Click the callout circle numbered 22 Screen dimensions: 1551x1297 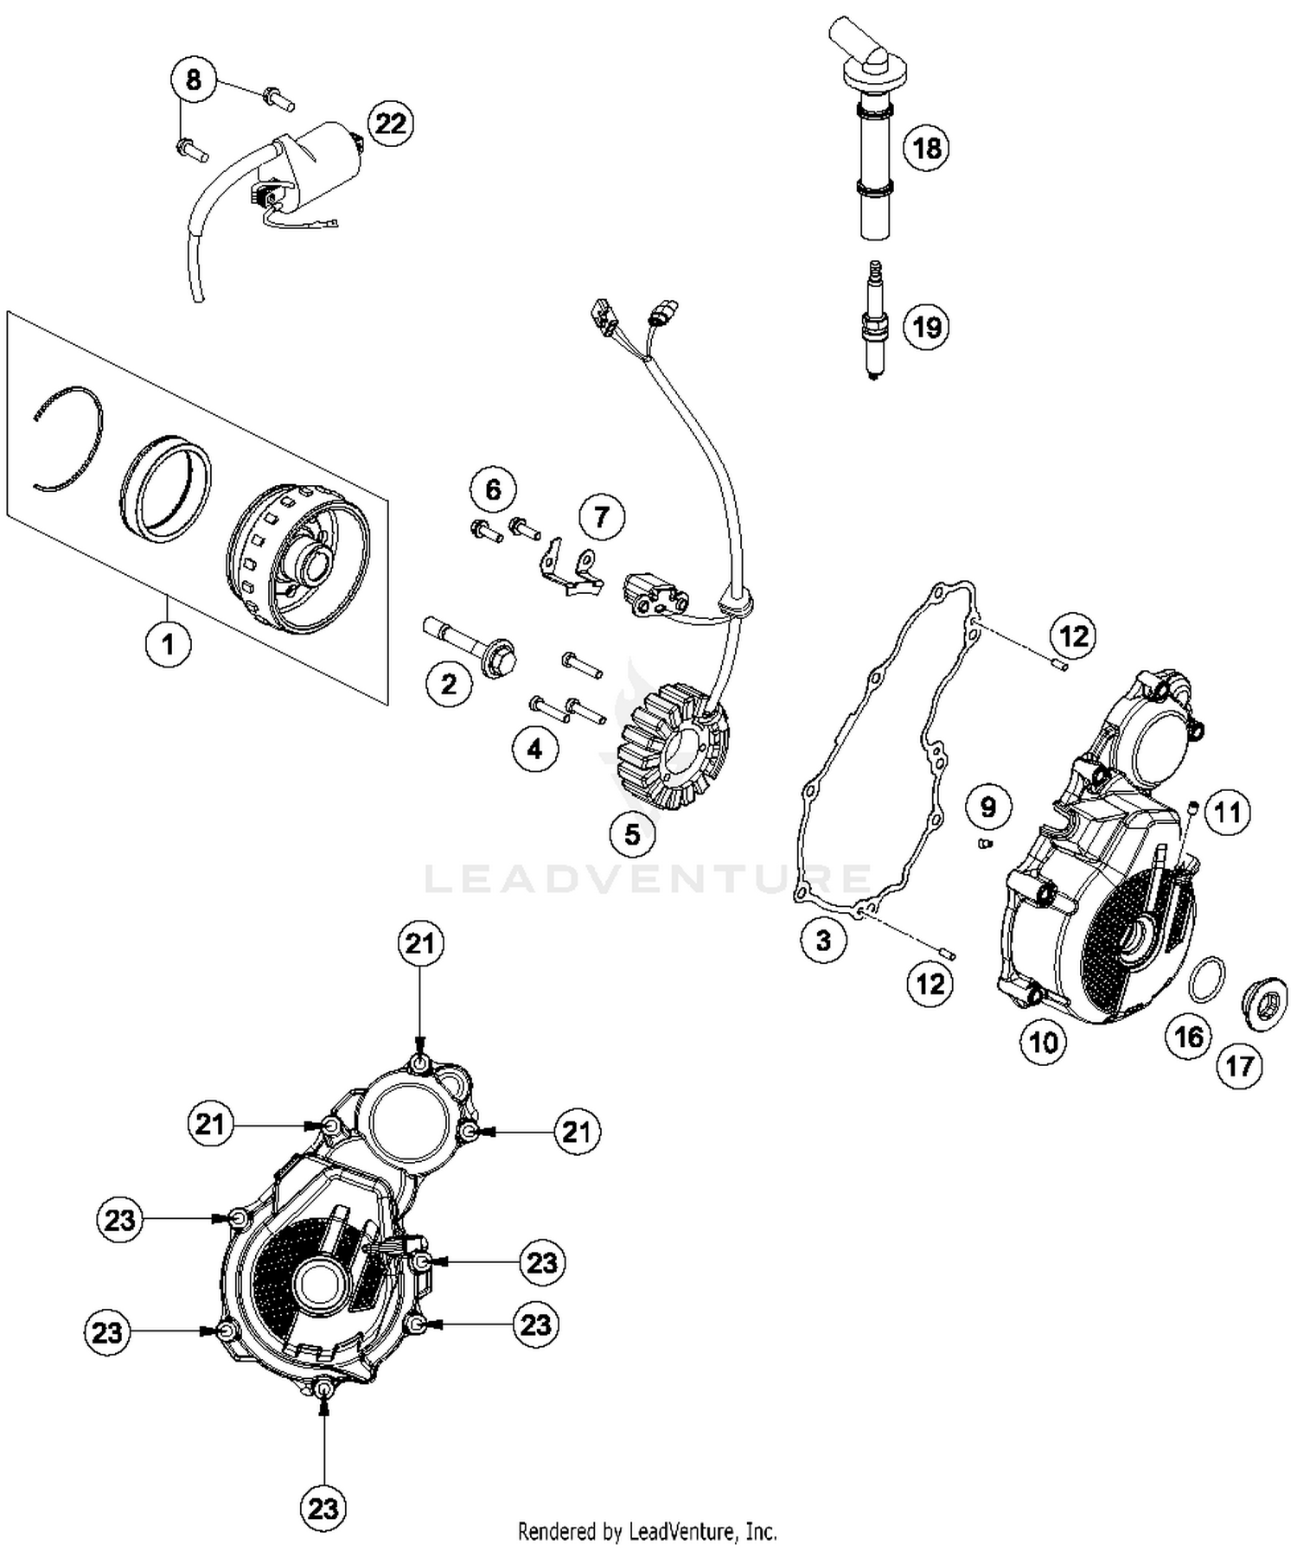tap(390, 124)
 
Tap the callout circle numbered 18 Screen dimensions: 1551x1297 tap(926, 148)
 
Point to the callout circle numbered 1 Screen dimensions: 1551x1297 tap(168, 644)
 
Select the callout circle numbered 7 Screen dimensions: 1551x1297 tap(600, 517)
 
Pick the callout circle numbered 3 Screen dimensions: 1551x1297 tap(823, 939)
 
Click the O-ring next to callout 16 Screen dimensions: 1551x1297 tap(1207, 978)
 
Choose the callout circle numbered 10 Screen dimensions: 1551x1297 tap(1043, 1043)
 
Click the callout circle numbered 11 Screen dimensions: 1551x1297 tap(1227, 812)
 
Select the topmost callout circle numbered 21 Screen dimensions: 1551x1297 tap(420, 943)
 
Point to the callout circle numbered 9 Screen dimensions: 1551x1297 tap(987, 807)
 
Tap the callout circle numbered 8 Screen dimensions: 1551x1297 tap(193, 80)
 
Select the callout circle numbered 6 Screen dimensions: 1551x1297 tap(493, 489)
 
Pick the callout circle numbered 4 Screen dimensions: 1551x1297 tap(534, 749)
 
